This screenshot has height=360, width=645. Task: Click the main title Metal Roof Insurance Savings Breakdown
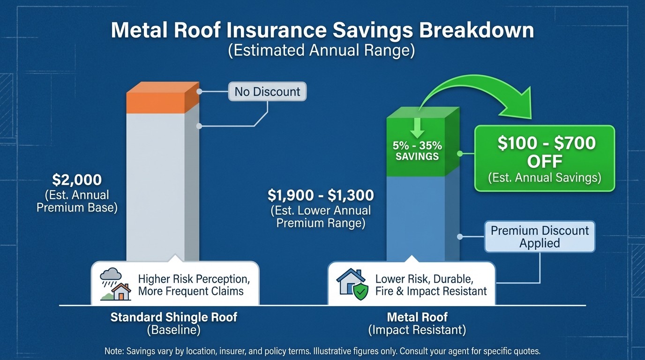322,31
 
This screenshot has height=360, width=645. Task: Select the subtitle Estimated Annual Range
322,51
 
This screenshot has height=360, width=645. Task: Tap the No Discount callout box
267,91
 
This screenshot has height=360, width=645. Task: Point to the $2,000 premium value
77,180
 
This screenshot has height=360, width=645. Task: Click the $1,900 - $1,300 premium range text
321,195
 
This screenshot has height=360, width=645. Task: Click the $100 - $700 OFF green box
544,158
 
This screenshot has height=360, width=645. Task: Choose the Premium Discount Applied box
540,237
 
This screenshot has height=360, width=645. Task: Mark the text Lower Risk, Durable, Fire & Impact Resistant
431,285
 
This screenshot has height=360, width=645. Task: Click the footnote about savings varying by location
322,351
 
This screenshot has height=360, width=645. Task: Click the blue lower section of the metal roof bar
415,216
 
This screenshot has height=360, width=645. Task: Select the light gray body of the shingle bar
156,187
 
